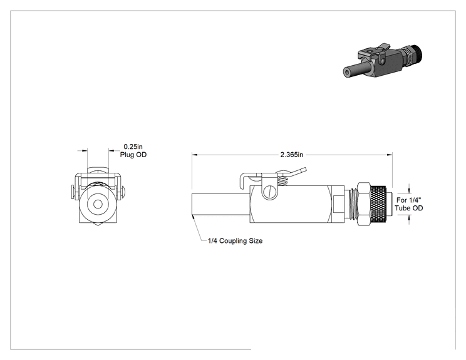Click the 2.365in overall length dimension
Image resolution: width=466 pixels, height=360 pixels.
291,155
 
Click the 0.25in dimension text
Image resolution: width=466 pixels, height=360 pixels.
133,147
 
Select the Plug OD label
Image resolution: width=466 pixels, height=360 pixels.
133,155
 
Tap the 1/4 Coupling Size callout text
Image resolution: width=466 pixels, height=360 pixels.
235,240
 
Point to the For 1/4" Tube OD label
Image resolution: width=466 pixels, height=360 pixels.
409,204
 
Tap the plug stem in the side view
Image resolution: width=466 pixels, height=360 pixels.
220,205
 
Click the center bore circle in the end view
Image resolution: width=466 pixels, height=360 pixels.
98,204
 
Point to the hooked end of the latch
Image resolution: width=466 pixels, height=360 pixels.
242,180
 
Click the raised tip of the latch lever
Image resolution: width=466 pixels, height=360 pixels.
304,170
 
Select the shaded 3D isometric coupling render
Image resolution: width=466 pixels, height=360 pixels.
383,61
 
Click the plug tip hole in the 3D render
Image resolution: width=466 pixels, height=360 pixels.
346,72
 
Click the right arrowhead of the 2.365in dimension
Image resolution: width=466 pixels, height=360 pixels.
390,155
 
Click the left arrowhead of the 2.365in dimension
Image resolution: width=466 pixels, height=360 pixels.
195,155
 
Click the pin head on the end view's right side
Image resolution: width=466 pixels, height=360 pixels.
123,192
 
